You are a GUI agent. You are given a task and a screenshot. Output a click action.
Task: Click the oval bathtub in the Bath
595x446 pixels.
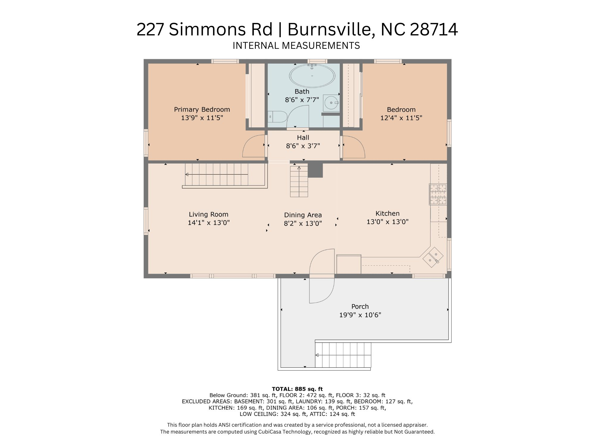coord(312,76)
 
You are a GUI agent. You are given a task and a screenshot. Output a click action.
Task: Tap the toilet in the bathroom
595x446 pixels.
coord(278,117)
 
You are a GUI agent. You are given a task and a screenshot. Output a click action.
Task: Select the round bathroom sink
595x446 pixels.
coord(331,103)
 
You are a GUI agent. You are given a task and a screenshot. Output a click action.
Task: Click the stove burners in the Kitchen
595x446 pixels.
coord(438,194)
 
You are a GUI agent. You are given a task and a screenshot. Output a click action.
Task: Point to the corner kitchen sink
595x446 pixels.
coord(433,257)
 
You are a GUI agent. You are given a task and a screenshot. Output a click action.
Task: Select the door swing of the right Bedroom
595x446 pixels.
coord(353,147)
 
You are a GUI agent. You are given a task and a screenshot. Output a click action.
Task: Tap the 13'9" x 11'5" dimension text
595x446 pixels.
coord(202,118)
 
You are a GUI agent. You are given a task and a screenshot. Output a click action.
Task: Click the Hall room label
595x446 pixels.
coord(303,138)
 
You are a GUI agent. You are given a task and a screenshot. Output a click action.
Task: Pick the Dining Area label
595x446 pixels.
coord(303,215)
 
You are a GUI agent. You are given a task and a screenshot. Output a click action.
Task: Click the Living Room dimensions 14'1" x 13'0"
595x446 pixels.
coord(209,223)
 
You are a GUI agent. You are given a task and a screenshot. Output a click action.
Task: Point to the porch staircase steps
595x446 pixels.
coord(343,355)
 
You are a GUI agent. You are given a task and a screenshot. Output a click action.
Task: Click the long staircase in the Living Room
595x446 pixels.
coord(217,174)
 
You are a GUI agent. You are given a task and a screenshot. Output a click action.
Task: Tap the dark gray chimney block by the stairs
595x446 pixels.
coord(315,170)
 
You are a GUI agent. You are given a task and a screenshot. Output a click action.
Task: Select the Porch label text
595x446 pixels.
coord(360,306)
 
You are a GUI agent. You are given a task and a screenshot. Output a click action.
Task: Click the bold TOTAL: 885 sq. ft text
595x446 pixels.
coord(297,389)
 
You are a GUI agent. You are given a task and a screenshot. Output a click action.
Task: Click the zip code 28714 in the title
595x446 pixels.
coord(434,29)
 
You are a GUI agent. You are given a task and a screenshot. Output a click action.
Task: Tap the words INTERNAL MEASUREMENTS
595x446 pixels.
coord(296,46)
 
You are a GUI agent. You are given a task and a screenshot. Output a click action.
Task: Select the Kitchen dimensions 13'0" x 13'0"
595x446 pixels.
coord(387,222)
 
